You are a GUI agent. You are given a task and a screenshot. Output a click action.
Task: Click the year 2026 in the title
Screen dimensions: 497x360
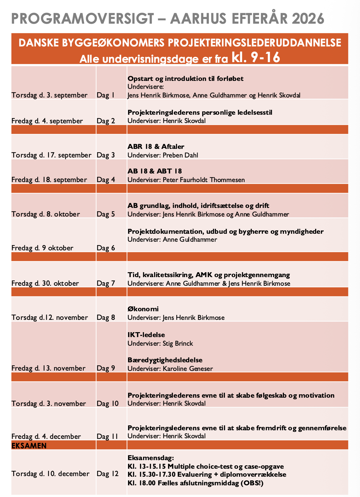pos(308,19)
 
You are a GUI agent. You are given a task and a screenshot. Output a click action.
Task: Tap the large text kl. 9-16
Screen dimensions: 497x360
pos(256,57)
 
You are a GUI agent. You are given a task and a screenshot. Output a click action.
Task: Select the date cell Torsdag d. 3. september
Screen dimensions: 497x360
pos(49,95)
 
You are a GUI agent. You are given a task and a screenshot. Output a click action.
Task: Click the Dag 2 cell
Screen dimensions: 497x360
pos(106,121)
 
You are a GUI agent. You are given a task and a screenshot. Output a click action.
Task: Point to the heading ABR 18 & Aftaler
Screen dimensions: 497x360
pos(156,147)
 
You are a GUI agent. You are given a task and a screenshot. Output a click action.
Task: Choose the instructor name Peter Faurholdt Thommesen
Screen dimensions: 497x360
pos(204,180)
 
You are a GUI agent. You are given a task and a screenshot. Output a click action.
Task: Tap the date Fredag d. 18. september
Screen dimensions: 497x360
pos(49,180)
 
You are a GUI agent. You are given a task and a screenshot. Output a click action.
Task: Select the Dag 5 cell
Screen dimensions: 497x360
pos(106,214)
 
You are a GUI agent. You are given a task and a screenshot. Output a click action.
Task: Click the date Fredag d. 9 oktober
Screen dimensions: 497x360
pos(42,248)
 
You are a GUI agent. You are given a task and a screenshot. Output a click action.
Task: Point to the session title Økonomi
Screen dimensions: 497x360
pos(143,309)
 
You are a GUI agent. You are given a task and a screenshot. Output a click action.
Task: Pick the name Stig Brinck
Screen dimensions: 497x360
pos(178,343)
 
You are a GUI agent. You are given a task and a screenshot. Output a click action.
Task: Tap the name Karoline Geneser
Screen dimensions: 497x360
pos(188,368)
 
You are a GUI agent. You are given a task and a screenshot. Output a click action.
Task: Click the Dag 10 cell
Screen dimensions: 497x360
pos(107,404)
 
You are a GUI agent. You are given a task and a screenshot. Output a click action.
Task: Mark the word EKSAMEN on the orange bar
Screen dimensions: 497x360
pos(29,446)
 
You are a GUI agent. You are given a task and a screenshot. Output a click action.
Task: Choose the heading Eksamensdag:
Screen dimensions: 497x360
pos(151,458)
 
